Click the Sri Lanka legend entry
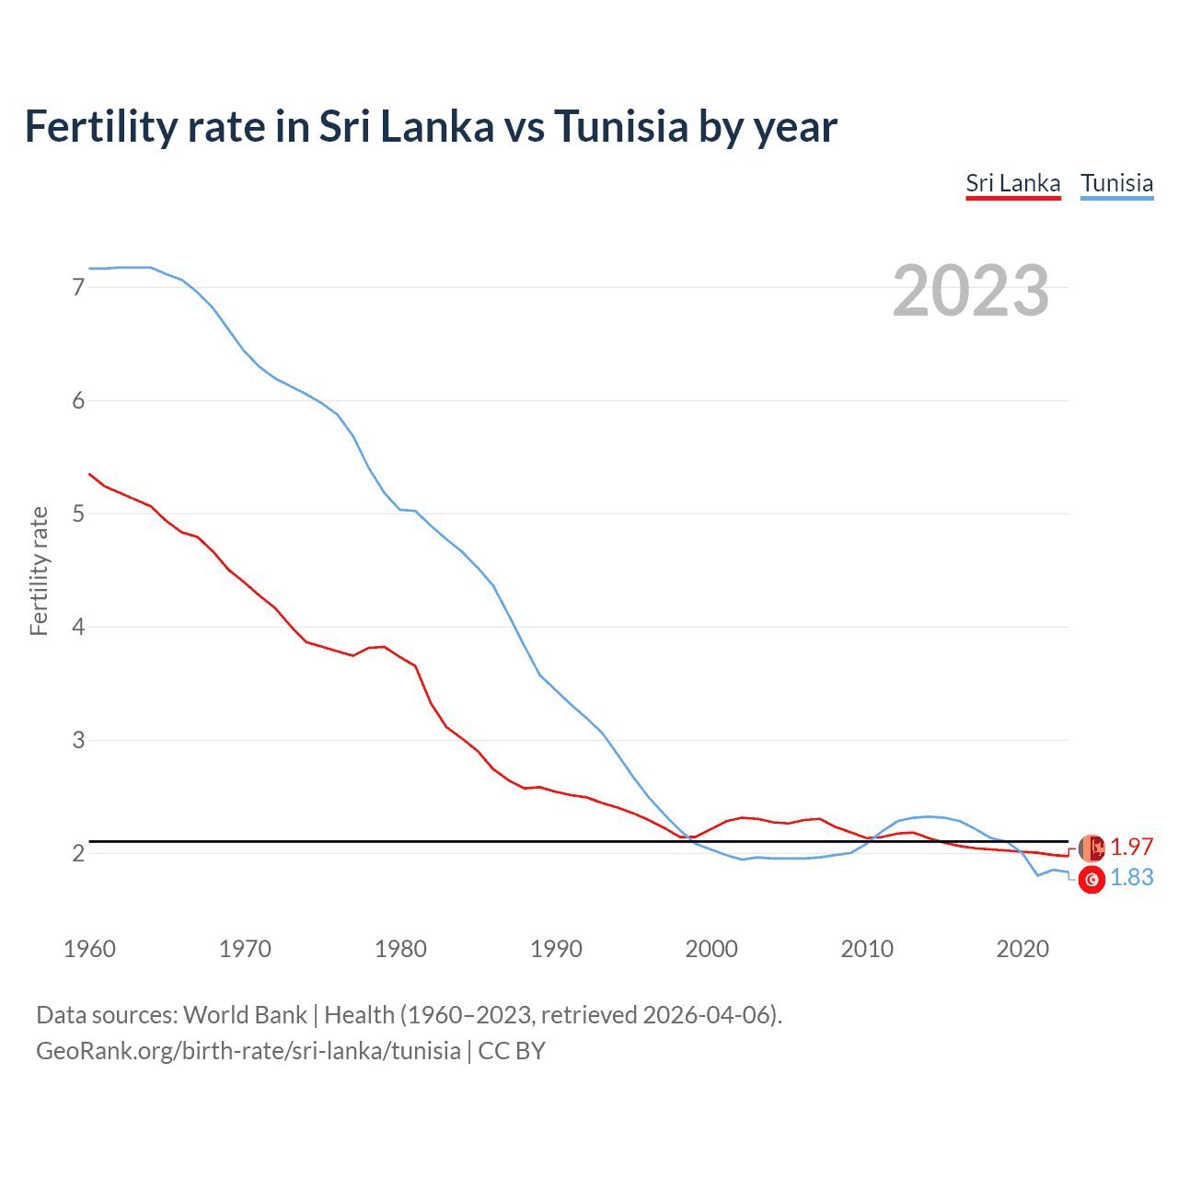1012,183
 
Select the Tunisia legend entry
1116,183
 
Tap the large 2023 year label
971,291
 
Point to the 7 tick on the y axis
78,287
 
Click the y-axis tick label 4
78,627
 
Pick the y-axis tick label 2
78,853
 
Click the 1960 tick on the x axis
89,949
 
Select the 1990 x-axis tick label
556,949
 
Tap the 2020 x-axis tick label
1022,949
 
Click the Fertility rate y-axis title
39,571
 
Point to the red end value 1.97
1131,847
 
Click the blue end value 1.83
1131,878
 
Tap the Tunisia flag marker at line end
1091,880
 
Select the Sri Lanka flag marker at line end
1091,848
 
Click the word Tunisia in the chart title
620,126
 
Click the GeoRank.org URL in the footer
248,1051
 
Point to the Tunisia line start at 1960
89,269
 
